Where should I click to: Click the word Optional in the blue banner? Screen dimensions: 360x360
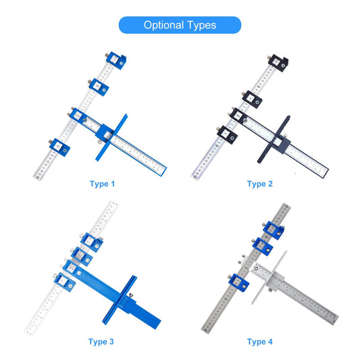[163, 25]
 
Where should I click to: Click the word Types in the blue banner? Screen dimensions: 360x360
[201, 25]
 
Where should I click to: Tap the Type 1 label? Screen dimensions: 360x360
[102, 184]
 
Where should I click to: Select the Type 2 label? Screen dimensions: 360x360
[260, 184]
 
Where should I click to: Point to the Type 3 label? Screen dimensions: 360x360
[101, 342]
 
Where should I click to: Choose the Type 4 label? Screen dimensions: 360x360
[260, 342]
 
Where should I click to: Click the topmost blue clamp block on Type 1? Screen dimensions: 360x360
[116, 60]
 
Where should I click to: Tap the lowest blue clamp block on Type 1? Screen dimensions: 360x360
[59, 147]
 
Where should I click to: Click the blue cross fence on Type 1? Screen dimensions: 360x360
[111, 138]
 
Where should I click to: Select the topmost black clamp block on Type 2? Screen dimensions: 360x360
[278, 63]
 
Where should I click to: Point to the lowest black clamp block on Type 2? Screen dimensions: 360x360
[227, 135]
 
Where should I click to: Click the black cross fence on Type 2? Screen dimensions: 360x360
[274, 139]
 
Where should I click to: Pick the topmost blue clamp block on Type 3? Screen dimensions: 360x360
[92, 242]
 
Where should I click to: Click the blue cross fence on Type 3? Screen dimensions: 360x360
[120, 300]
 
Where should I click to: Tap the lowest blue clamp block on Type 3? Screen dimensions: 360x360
[65, 282]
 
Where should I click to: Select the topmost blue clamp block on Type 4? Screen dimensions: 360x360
[274, 230]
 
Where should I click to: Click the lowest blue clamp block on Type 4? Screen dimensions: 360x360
[239, 282]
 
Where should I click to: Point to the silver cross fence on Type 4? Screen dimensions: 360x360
[269, 278]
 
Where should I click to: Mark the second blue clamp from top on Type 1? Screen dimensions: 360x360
[99, 86]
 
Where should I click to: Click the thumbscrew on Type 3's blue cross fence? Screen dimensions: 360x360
[131, 295]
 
